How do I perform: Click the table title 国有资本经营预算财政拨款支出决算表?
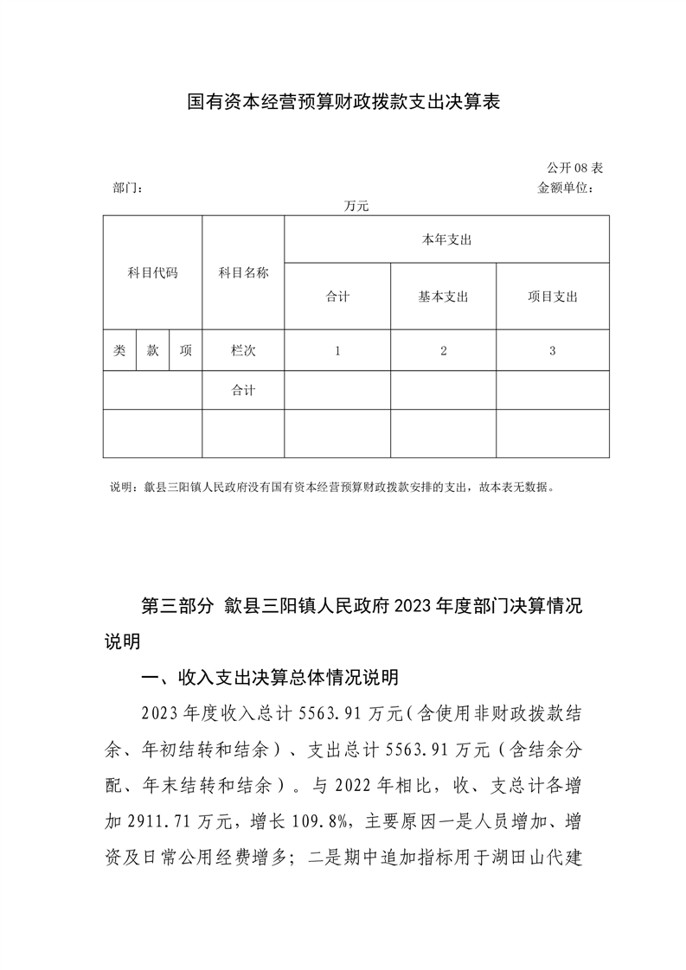(x=344, y=103)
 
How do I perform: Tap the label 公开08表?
(x=574, y=167)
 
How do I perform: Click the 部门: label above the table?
(x=128, y=188)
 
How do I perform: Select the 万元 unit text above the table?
(x=356, y=207)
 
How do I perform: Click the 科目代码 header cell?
(x=152, y=273)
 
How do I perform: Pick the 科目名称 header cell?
(x=243, y=273)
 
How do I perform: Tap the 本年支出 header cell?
(x=446, y=239)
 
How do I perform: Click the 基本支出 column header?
(x=443, y=297)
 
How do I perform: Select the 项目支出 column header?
(x=553, y=297)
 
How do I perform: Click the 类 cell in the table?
(x=119, y=351)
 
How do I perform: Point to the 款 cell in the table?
(x=152, y=351)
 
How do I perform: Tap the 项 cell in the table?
(x=185, y=351)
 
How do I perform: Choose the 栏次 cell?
(x=243, y=351)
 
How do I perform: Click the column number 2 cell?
(x=443, y=351)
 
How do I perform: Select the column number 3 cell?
(x=553, y=351)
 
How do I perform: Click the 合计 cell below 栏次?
(x=243, y=391)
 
